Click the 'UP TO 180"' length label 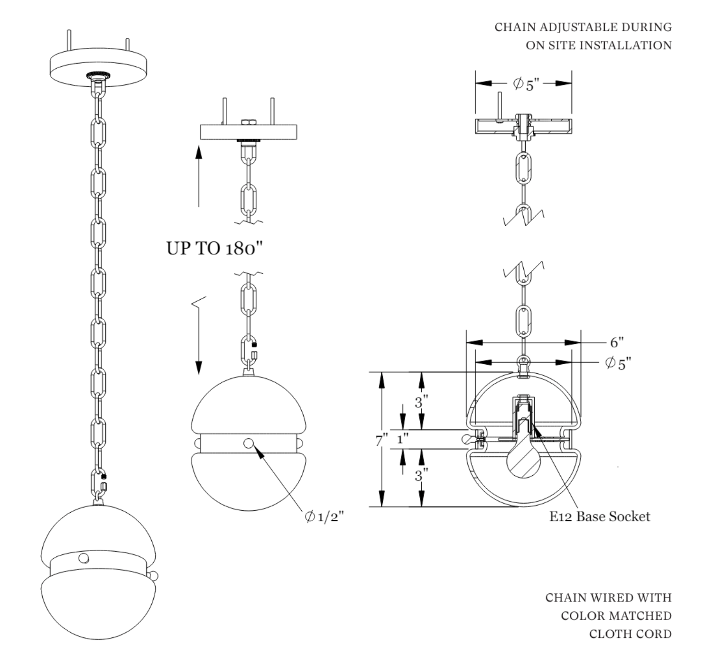click(x=214, y=248)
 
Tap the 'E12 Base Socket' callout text click(x=600, y=516)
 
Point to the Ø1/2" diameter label click(x=324, y=516)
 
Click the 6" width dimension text click(x=617, y=342)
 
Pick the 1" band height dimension click(x=402, y=439)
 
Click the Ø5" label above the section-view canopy click(x=526, y=84)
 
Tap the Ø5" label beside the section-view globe click(x=619, y=364)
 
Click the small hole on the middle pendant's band click(x=249, y=443)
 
